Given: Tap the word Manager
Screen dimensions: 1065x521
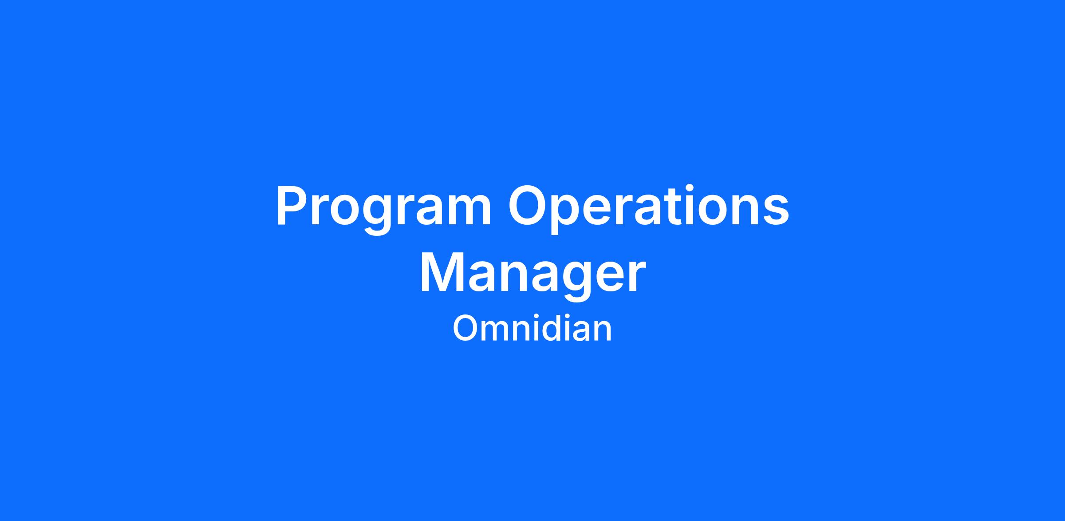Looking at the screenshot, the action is pos(532,276).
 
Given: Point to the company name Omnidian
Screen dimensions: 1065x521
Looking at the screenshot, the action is pos(532,328).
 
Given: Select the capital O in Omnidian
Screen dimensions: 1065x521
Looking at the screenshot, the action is pos(465,329).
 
